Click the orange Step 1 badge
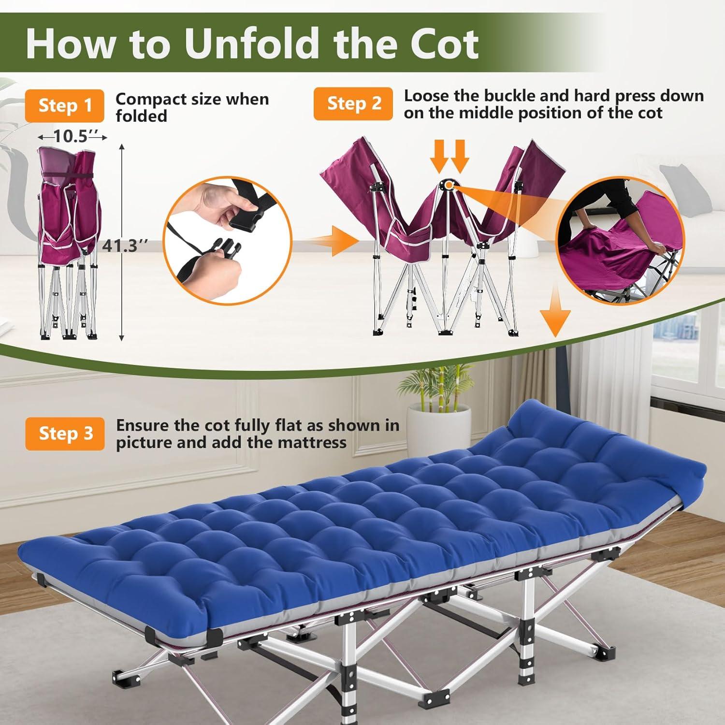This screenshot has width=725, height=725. [65, 105]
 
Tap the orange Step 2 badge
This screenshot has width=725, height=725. [353, 103]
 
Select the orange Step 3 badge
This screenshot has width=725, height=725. [65, 434]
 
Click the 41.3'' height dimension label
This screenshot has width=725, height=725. [120, 246]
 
